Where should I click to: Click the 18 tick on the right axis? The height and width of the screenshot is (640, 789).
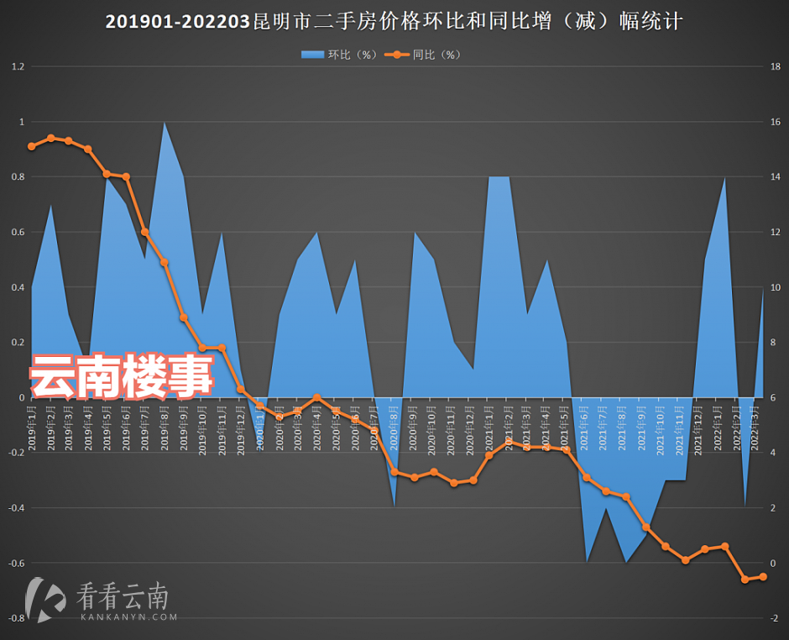[x=776, y=66]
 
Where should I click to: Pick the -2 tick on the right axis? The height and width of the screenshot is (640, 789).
[x=774, y=618]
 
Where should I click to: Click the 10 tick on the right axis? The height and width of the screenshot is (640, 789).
[x=776, y=287]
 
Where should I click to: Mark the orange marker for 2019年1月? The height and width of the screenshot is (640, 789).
[x=32, y=146]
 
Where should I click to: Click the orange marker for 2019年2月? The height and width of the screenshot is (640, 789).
[x=51, y=138]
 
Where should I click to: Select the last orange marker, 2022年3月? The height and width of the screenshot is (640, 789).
[x=763, y=576]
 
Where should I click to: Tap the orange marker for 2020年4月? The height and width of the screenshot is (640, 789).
[x=316, y=397]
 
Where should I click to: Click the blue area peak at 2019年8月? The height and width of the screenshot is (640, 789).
[x=165, y=123]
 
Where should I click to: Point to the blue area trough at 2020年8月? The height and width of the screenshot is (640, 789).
[x=394, y=506]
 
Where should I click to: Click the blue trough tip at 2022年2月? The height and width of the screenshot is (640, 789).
[x=744, y=506]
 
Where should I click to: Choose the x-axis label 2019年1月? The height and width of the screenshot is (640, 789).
[x=32, y=428]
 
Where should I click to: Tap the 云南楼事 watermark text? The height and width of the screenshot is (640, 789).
[x=123, y=375]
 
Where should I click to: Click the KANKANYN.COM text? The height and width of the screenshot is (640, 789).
[x=129, y=616]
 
